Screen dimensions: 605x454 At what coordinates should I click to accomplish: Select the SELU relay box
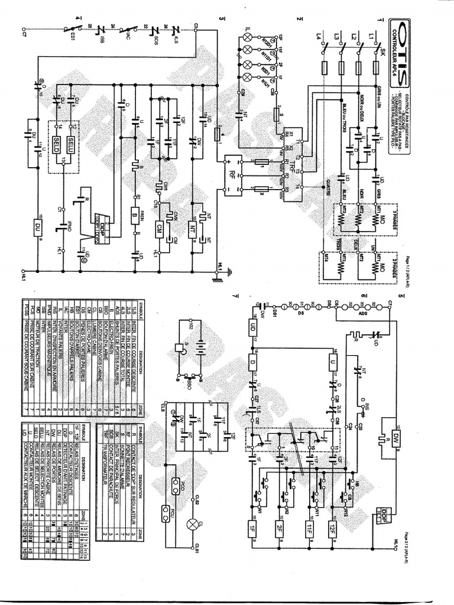tap(72, 144)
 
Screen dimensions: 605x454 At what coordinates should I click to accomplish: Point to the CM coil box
tap(159, 227)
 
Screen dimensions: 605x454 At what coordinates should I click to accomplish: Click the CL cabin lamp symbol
tap(192, 524)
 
